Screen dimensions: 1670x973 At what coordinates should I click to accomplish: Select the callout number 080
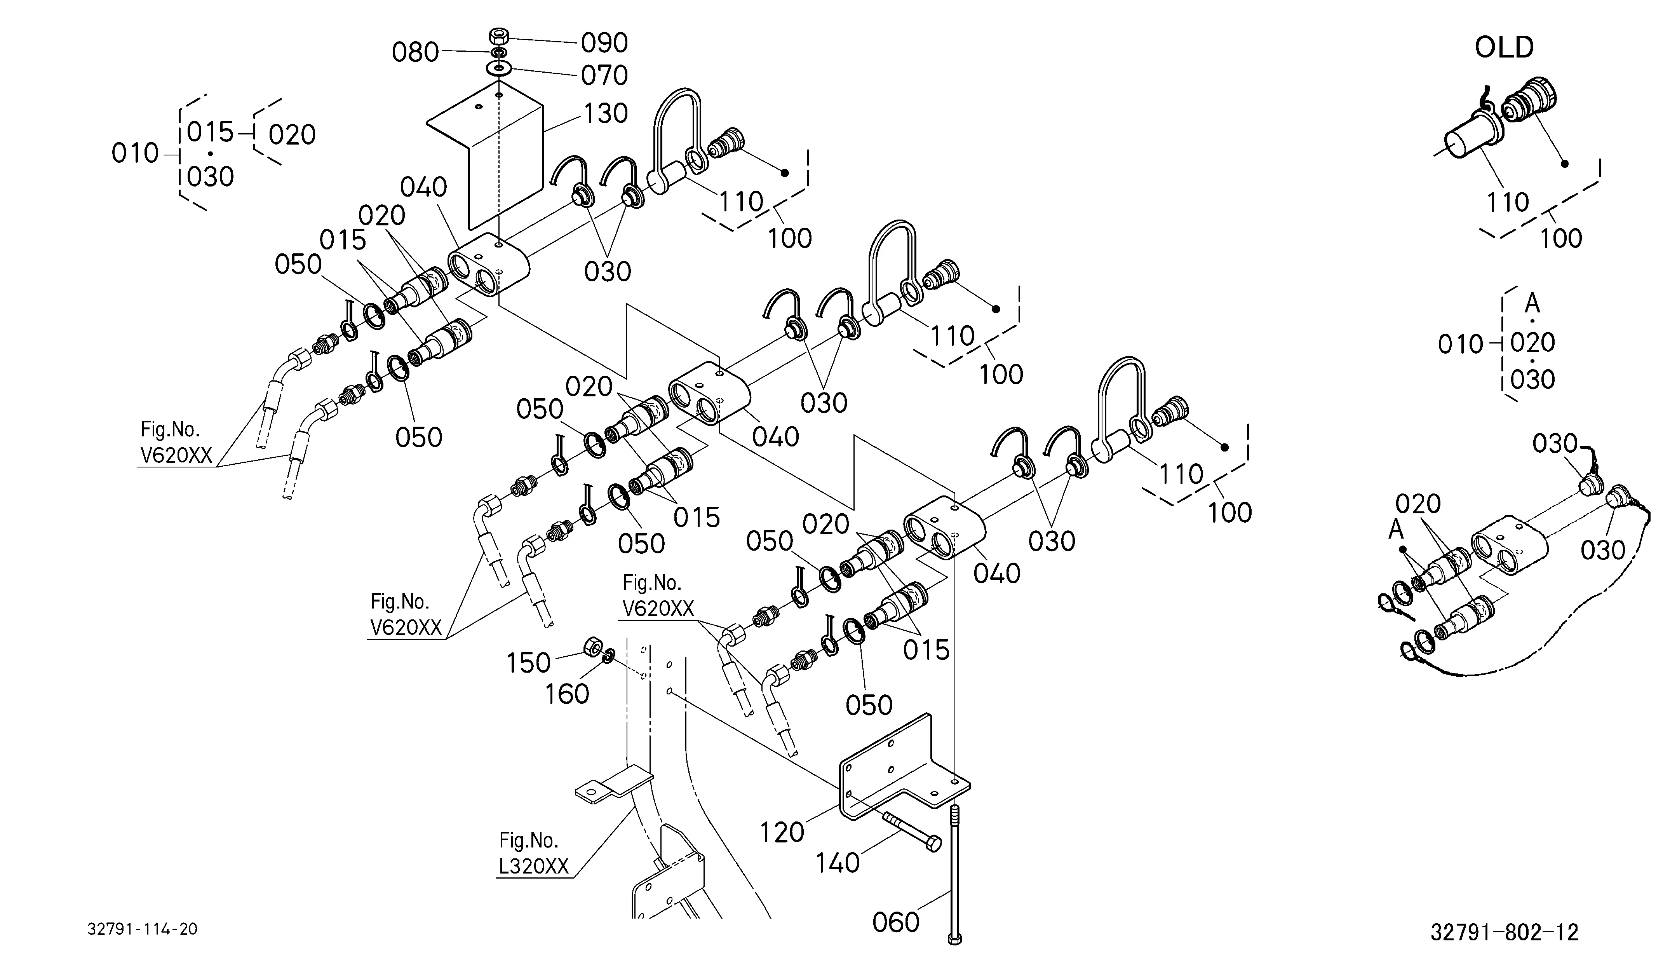click(x=416, y=52)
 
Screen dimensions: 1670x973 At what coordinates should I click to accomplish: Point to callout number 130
click(x=605, y=113)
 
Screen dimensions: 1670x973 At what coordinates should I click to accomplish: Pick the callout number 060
click(x=896, y=922)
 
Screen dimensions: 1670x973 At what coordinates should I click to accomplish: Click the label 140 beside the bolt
click(x=838, y=863)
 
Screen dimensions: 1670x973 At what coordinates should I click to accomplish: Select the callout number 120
click(x=782, y=832)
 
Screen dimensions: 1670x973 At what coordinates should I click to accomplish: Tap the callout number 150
click(x=528, y=663)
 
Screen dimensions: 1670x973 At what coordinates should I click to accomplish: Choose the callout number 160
click(x=567, y=694)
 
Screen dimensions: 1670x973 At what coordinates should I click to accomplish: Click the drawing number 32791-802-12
click(x=1505, y=933)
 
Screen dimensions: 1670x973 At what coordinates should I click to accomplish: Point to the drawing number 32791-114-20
click(x=143, y=929)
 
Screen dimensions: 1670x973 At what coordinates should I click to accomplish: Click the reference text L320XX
click(x=533, y=866)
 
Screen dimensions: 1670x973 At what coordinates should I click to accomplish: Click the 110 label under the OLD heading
click(x=1508, y=202)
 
